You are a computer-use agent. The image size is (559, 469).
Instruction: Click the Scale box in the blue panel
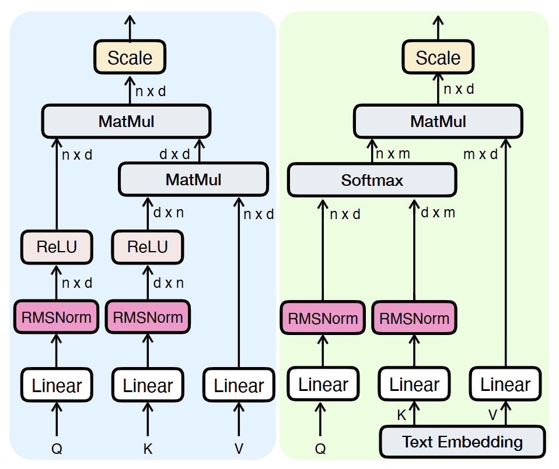coord(130,58)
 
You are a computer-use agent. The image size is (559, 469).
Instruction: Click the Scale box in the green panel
coord(438,58)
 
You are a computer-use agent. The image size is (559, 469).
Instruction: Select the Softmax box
coord(372,180)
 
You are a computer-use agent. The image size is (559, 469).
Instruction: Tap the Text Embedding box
coord(462,442)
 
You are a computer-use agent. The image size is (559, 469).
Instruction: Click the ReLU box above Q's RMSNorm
coord(57,246)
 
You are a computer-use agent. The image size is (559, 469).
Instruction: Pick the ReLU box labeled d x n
coord(148,246)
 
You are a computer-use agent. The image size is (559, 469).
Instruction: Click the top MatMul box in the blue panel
coord(126,122)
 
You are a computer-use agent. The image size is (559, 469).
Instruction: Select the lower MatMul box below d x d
coord(193,179)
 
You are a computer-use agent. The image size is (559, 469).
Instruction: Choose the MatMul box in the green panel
coord(438,122)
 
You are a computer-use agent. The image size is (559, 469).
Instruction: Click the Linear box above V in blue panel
coord(239,385)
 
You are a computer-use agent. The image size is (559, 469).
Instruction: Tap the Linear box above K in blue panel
coord(148,385)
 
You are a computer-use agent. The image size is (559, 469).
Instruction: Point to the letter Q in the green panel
coord(320,449)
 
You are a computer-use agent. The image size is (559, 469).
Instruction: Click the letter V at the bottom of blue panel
coord(239,449)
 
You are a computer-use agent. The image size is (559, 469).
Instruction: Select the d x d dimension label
coord(174,154)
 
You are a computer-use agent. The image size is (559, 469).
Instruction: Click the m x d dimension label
coord(480,154)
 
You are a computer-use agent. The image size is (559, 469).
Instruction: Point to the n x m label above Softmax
coord(393,154)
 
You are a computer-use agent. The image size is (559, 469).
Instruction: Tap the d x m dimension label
coord(438,213)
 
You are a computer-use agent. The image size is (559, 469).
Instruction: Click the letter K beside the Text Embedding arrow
coord(401,415)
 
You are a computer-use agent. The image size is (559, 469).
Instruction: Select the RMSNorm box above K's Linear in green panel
coord(414,318)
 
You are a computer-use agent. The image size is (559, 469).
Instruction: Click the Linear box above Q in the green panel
coord(323,385)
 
